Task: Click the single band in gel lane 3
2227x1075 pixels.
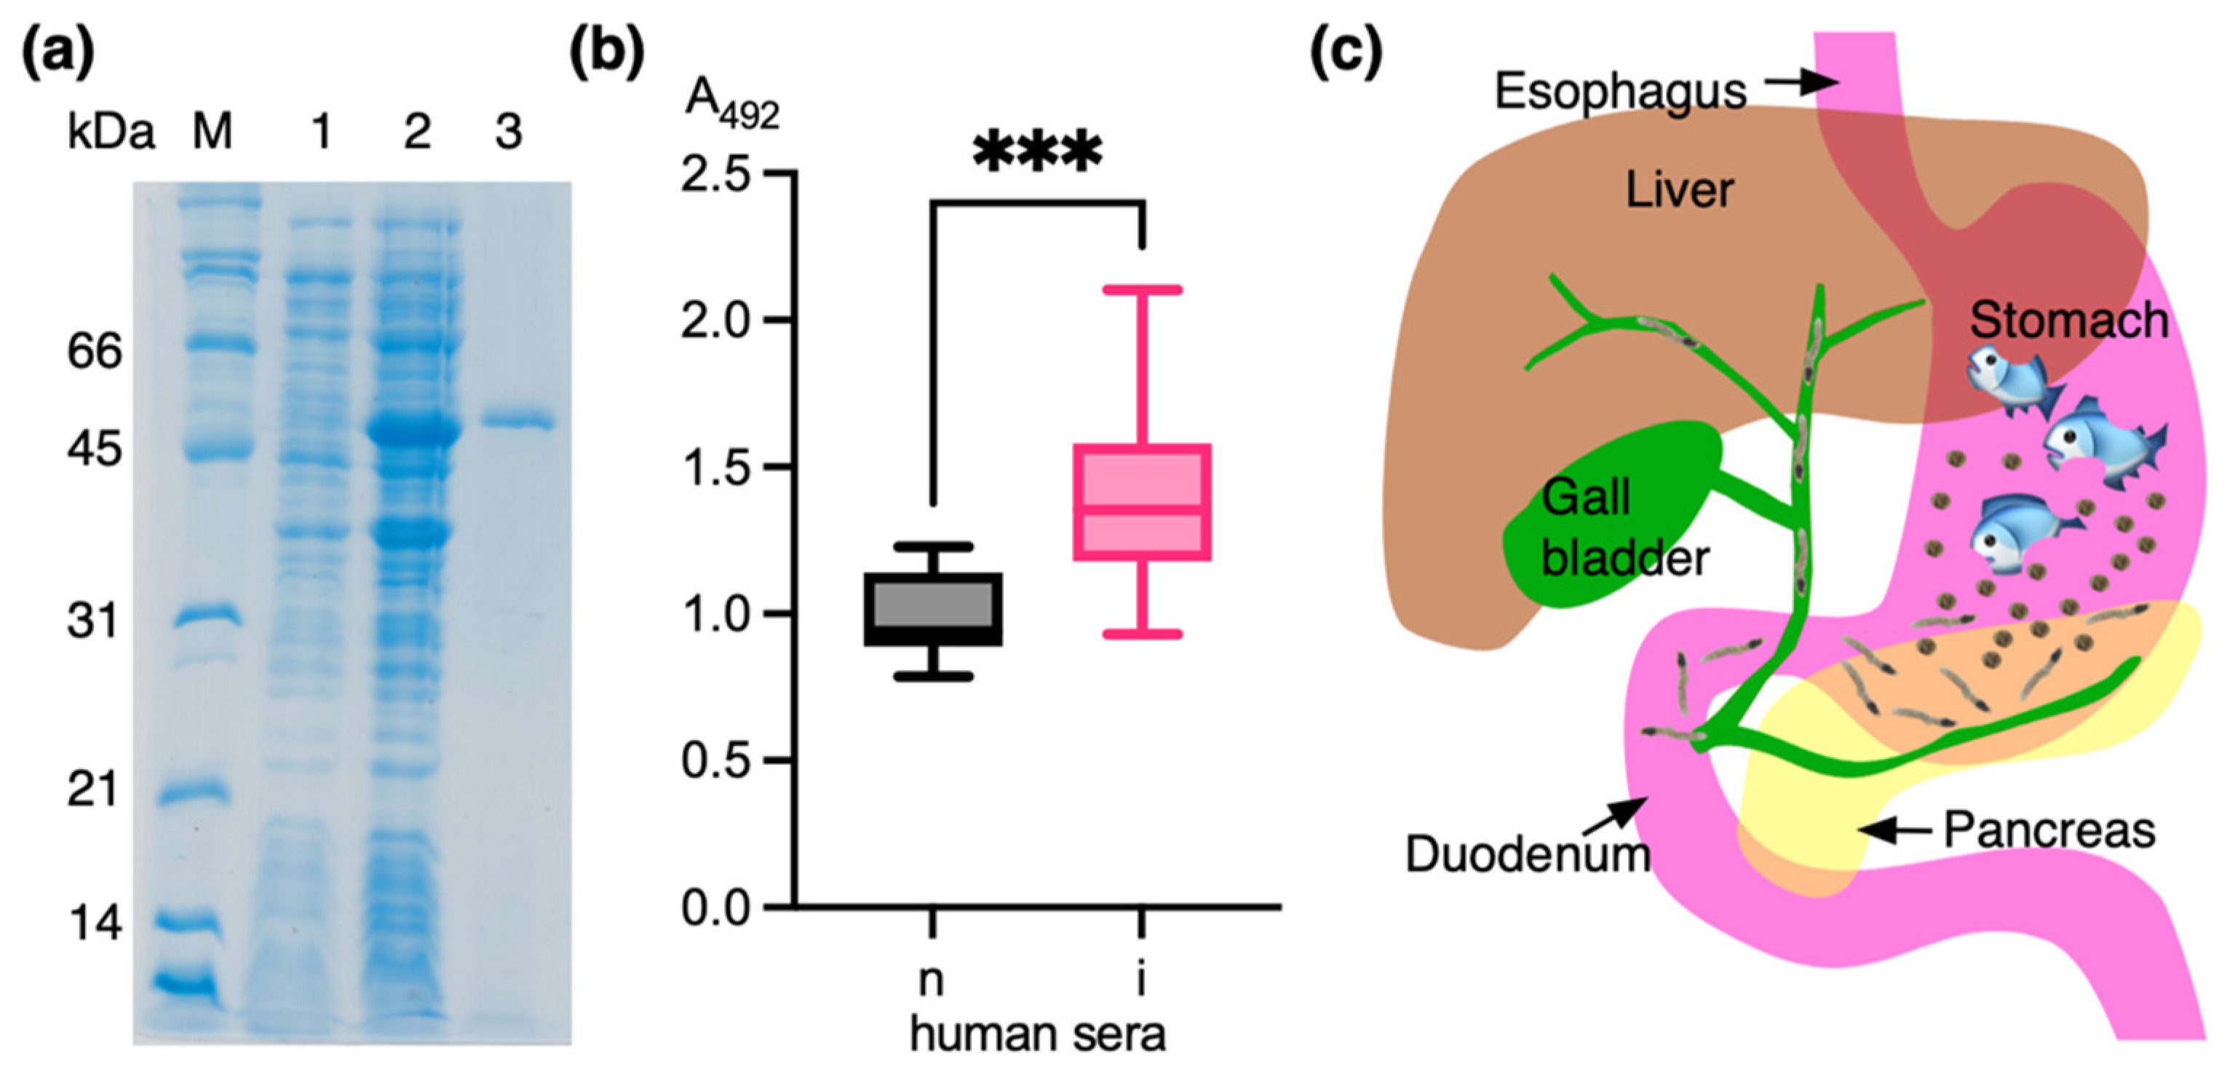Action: pyautogui.click(x=517, y=422)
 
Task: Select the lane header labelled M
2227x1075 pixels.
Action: pyautogui.click(x=212, y=133)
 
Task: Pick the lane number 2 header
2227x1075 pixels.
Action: pyautogui.click(x=417, y=133)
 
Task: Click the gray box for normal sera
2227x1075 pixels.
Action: pyautogui.click(x=933, y=609)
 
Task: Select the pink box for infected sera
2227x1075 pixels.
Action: pyautogui.click(x=1141, y=503)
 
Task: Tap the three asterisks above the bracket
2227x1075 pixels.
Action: pyautogui.click(x=1036, y=154)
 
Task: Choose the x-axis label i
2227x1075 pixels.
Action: pyautogui.click(x=1141, y=980)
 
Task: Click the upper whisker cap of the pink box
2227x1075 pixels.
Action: pyautogui.click(x=1141, y=290)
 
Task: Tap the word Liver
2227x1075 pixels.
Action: pyautogui.click(x=1679, y=190)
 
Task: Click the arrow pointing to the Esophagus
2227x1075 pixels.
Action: pyautogui.click(x=1802, y=83)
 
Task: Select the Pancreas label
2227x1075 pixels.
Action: pyautogui.click(x=2049, y=830)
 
